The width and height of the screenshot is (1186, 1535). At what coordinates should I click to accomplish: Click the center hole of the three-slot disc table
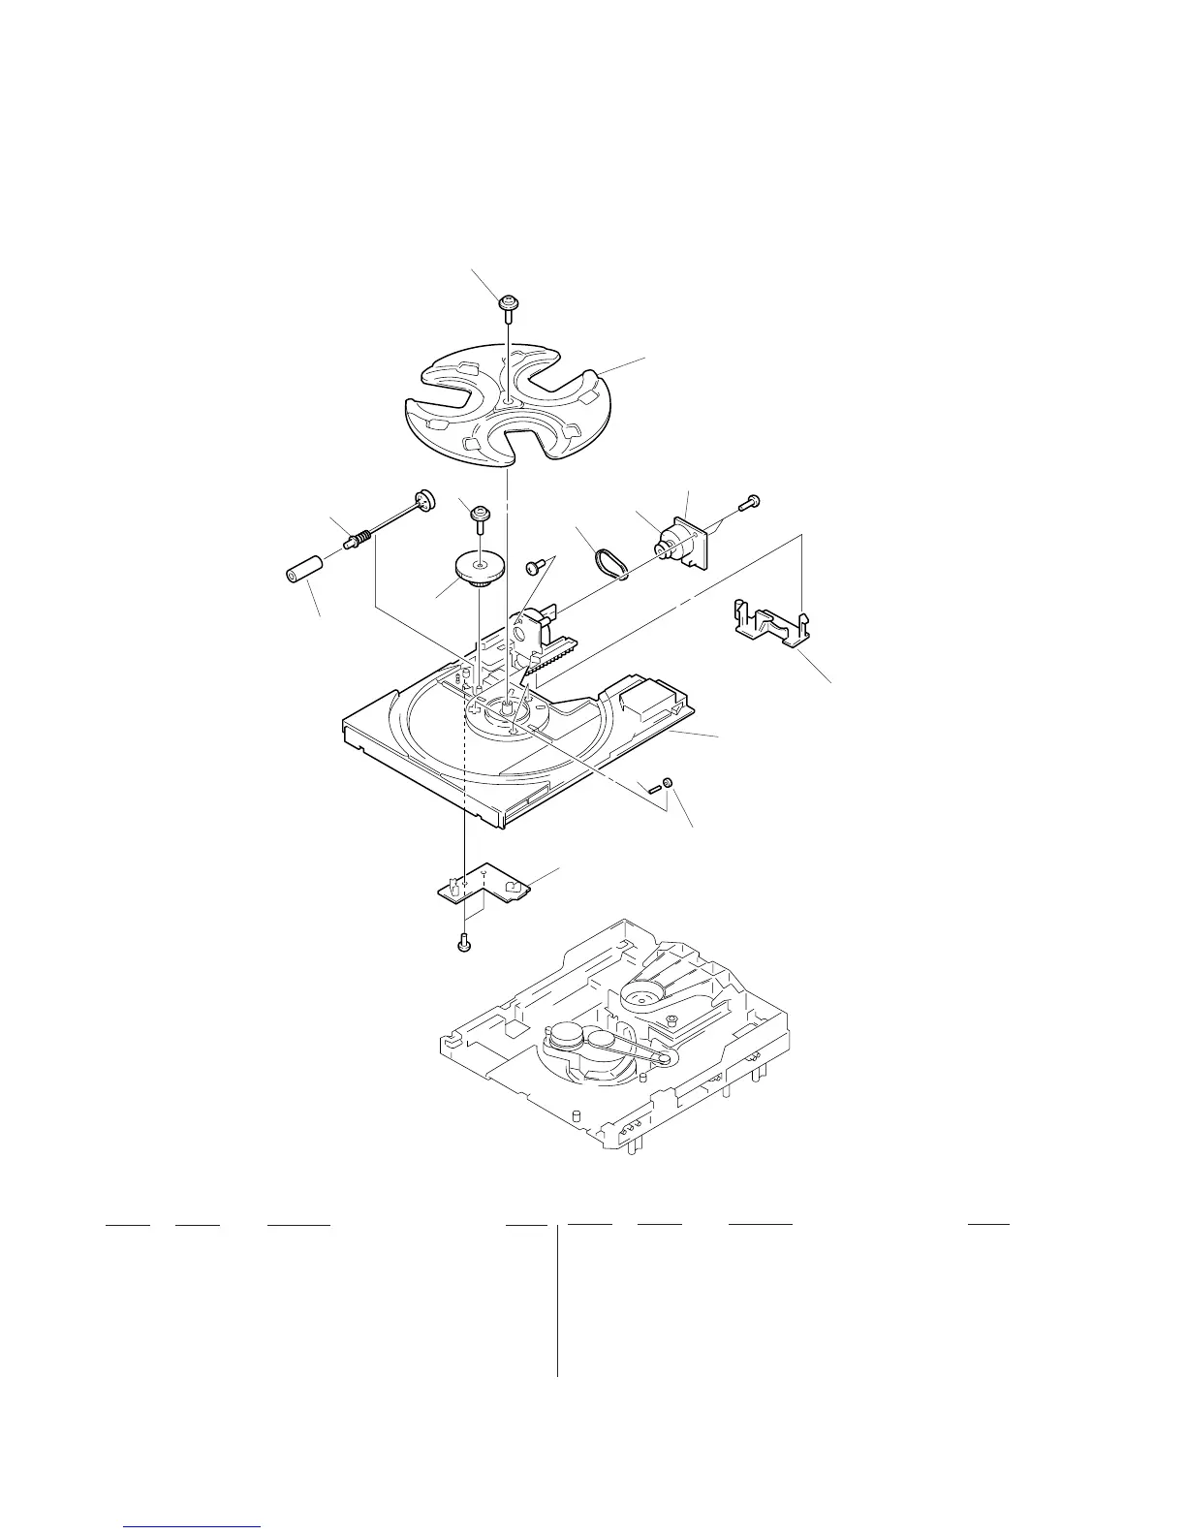tap(509, 399)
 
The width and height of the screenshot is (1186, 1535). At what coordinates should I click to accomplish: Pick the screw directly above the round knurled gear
tap(479, 514)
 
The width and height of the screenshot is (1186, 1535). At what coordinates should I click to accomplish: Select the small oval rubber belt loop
tap(610, 563)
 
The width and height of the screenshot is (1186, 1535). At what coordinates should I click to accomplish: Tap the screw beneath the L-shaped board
tap(463, 940)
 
